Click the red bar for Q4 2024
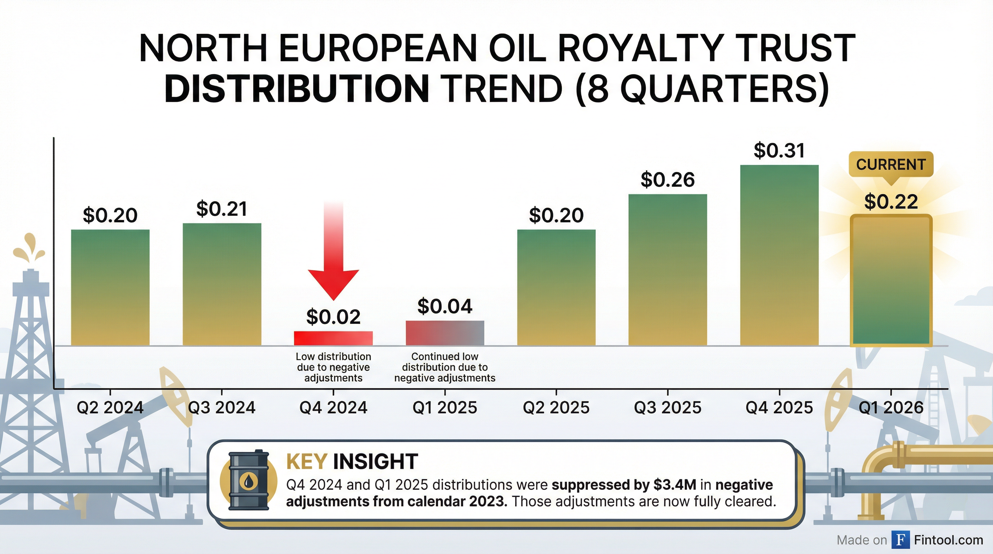pos(333,338)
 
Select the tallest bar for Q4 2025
pos(779,255)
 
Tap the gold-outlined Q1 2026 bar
pos(891,280)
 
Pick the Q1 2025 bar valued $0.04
pos(445,333)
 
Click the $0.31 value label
pos(779,150)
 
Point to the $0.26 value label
pos(667,180)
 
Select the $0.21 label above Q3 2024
pos(222,209)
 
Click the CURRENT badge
pos(891,164)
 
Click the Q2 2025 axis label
pos(556,407)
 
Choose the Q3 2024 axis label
pos(222,407)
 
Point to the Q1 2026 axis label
pos(891,407)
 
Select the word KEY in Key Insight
pos(307,461)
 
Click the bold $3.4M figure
pos(675,485)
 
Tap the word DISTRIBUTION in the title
pos(297,89)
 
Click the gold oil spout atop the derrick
pos(29,249)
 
